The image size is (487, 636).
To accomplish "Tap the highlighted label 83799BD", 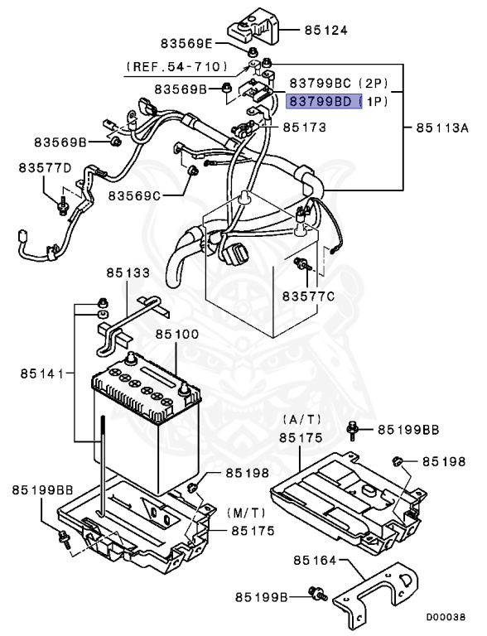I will coord(324,102).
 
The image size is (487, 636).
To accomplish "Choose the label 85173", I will coord(304,128).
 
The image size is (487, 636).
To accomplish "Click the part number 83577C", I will coord(307,296).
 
